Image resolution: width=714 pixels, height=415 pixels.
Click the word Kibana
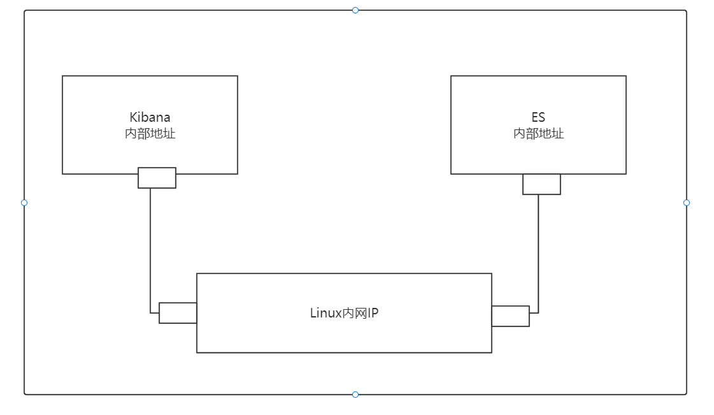(x=150, y=117)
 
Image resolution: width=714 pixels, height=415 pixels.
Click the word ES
(x=538, y=117)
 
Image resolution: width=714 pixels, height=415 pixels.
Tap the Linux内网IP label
(x=344, y=313)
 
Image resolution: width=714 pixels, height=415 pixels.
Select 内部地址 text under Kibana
(x=150, y=134)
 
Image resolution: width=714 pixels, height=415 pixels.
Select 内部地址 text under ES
(x=538, y=134)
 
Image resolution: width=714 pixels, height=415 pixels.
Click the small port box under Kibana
(x=157, y=178)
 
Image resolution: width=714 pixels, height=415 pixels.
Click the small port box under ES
(x=541, y=184)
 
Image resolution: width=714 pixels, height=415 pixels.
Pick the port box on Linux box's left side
(x=178, y=313)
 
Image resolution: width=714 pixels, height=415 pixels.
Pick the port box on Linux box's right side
(x=510, y=316)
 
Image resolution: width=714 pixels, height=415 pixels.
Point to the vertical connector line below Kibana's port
(x=150, y=249)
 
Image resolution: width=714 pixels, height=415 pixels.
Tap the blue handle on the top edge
(x=355, y=10)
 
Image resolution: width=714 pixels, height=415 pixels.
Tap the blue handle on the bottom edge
(x=355, y=395)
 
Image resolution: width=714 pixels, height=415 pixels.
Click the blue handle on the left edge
(x=24, y=203)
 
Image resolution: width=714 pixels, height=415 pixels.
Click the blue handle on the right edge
(x=687, y=203)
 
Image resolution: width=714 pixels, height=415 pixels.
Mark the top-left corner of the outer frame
(x=25, y=11)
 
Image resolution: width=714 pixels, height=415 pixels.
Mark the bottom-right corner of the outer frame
(x=686, y=394)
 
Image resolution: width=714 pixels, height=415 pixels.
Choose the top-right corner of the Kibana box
(x=238, y=76)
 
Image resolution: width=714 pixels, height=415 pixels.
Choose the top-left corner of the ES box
(x=451, y=76)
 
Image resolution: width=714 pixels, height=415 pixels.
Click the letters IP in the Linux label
(x=373, y=313)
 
